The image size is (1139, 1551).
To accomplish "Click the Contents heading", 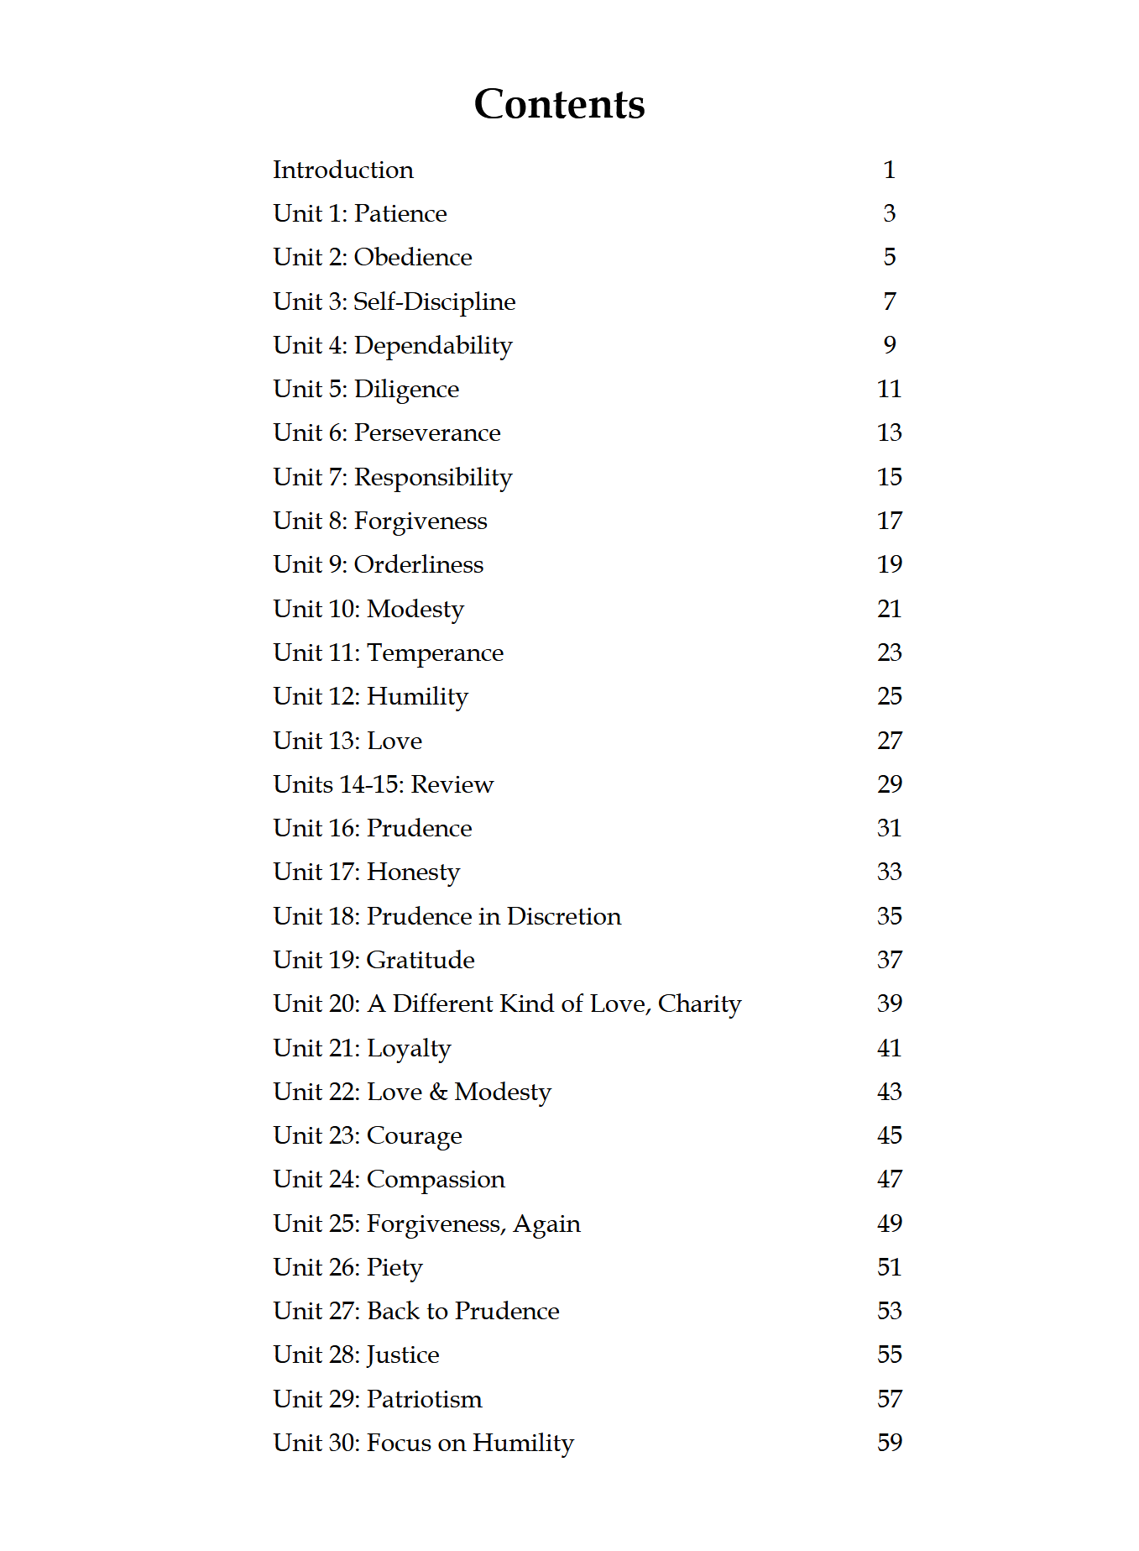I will pyautogui.click(x=559, y=104).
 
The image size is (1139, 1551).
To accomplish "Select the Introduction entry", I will pyautogui.click(x=342, y=170).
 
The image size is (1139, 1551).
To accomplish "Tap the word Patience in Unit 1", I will pyautogui.click(x=400, y=213).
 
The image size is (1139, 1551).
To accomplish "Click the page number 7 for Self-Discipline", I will pyautogui.click(x=890, y=301).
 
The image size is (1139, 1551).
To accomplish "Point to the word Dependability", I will pyautogui.click(x=433, y=345).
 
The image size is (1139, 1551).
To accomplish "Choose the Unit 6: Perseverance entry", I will pyautogui.click(x=386, y=432).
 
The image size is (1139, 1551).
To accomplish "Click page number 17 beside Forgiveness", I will pyautogui.click(x=889, y=521).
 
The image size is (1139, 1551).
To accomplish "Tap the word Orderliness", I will pyautogui.click(x=418, y=564).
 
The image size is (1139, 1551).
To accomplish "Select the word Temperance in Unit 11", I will pyautogui.click(x=435, y=652).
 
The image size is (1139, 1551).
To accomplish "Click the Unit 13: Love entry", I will pyautogui.click(x=347, y=741).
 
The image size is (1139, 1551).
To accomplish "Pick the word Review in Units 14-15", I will pyautogui.click(x=452, y=784).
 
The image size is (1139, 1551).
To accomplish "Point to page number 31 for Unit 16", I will pyautogui.click(x=889, y=828).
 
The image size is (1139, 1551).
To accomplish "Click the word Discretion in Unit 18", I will pyautogui.click(x=563, y=916).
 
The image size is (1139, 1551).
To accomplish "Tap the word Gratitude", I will pyautogui.click(x=421, y=960).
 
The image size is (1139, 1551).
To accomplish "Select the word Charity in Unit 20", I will pyautogui.click(x=699, y=1003).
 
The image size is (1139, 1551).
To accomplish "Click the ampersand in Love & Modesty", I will pyautogui.click(x=438, y=1092).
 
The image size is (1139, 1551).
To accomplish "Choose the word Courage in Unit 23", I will pyautogui.click(x=414, y=1136).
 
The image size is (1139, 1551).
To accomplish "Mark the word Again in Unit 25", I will pyautogui.click(x=546, y=1224).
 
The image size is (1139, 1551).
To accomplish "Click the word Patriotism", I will pyautogui.click(x=425, y=1399).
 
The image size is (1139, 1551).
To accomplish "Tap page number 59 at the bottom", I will pyautogui.click(x=889, y=1443).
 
